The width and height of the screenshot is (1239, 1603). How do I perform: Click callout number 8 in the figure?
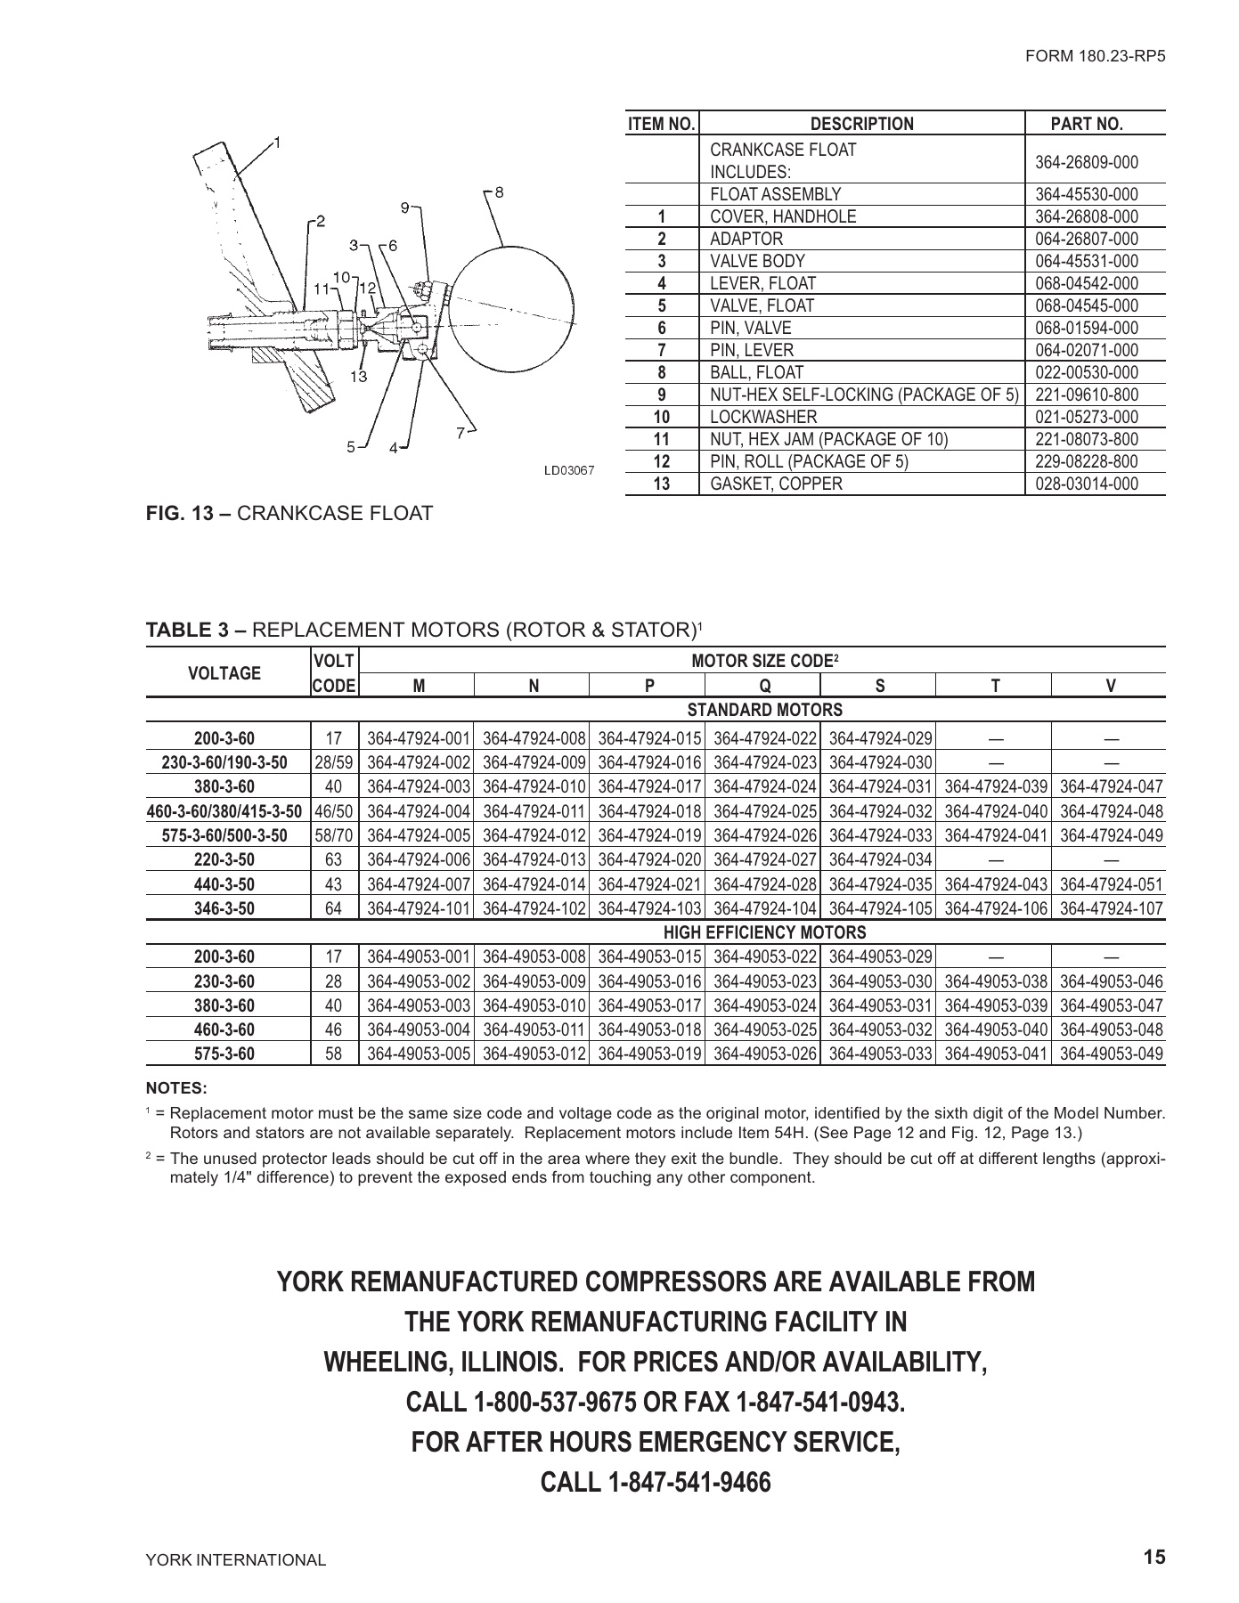[500, 191]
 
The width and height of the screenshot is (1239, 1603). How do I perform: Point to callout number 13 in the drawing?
[358, 376]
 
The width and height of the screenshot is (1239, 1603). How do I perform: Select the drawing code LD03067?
[569, 470]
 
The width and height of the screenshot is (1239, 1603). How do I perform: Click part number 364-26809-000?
[1087, 161]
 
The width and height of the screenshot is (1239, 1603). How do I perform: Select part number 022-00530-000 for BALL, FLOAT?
[1087, 372]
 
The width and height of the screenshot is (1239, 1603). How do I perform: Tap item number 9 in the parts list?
[662, 395]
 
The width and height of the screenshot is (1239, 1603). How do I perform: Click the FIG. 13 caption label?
[189, 513]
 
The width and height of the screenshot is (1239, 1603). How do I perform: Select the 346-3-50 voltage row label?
[224, 908]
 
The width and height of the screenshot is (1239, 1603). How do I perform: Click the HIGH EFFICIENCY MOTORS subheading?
[764, 932]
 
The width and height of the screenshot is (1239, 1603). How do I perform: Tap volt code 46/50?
[334, 811]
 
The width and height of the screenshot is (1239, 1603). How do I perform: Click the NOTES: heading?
[176, 1087]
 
